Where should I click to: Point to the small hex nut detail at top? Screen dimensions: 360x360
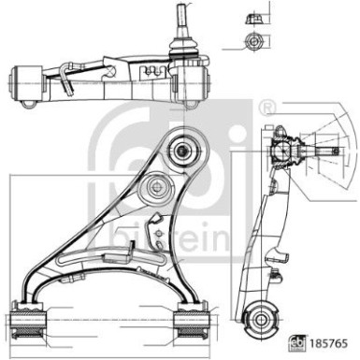pos(248,41)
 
